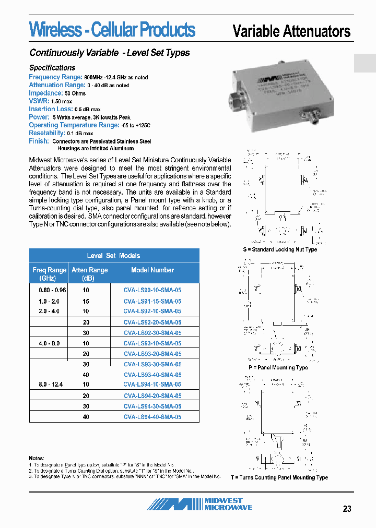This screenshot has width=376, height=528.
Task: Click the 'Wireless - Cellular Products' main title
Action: pyautogui.click(x=112, y=30)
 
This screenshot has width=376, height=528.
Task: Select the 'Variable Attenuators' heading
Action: pyautogui.click(x=291, y=31)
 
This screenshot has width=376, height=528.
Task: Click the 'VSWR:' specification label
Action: pyautogui.click(x=39, y=101)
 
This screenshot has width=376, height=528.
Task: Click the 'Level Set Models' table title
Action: pyautogui.click(x=113, y=256)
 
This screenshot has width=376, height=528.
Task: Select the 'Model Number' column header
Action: pyautogui.click(x=152, y=270)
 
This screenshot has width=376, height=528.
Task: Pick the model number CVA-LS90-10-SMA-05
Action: pyautogui.click(x=152, y=290)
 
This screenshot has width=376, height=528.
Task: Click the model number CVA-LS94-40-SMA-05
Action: pyautogui.click(x=152, y=417)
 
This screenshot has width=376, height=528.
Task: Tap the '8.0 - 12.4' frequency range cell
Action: pyautogui.click(x=50, y=385)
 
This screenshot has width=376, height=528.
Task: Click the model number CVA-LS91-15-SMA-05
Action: pyautogui.click(x=152, y=302)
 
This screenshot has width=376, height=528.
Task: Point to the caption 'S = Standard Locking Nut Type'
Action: pyautogui.click(x=280, y=250)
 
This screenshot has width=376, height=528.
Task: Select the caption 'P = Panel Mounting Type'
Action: pyautogui.click(x=278, y=368)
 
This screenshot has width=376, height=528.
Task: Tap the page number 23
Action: pyautogui.click(x=347, y=509)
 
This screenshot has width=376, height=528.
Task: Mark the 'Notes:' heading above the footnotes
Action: pyautogui.click(x=37, y=458)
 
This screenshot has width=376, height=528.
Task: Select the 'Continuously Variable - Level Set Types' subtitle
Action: pyautogui.click(x=110, y=53)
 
